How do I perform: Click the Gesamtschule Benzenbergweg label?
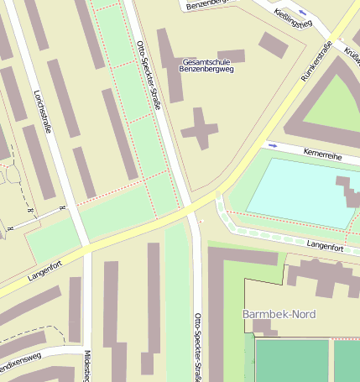[207, 65]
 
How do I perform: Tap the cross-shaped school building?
[200, 128]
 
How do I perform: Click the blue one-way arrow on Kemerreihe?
[272, 145]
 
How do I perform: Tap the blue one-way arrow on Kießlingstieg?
[302, 14]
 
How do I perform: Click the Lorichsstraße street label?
[41, 114]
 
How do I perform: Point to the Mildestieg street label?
[87, 365]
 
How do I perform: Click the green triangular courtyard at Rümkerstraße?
[330, 97]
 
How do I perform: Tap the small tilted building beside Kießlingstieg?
[273, 44]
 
